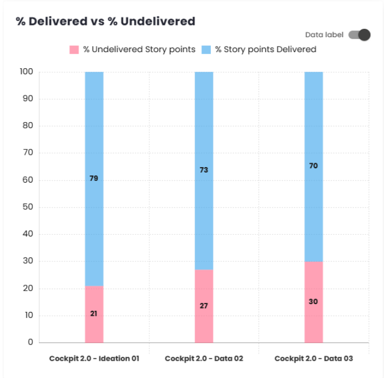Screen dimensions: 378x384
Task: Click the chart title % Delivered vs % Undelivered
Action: [105, 22]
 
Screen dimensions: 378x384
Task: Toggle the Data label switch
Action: [359, 35]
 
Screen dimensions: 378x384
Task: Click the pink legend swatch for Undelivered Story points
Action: [74, 49]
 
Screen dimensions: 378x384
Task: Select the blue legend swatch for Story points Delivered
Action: [206, 49]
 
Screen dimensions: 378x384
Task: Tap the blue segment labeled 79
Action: [94, 179]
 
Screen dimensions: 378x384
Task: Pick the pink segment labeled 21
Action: [94, 314]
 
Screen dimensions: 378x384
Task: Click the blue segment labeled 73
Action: [204, 170]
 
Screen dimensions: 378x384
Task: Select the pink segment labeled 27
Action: [204, 306]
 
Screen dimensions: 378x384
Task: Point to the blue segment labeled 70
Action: [314, 166]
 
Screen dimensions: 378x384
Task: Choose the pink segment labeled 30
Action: [314, 301]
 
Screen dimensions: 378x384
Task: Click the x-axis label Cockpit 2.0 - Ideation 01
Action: [94, 359]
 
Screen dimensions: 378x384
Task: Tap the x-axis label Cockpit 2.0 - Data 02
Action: [204, 359]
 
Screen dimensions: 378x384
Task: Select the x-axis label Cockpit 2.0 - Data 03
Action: [314, 359]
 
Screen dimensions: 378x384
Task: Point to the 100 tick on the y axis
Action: [27, 72]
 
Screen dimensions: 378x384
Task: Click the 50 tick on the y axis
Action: [28, 207]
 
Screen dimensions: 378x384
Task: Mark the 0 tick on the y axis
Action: [31, 342]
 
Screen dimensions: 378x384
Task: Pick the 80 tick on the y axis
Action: [28, 126]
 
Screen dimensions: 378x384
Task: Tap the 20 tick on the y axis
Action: [28, 289]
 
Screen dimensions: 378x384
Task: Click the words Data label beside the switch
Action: [324, 35]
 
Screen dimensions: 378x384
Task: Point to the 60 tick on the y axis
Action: [28, 180]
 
